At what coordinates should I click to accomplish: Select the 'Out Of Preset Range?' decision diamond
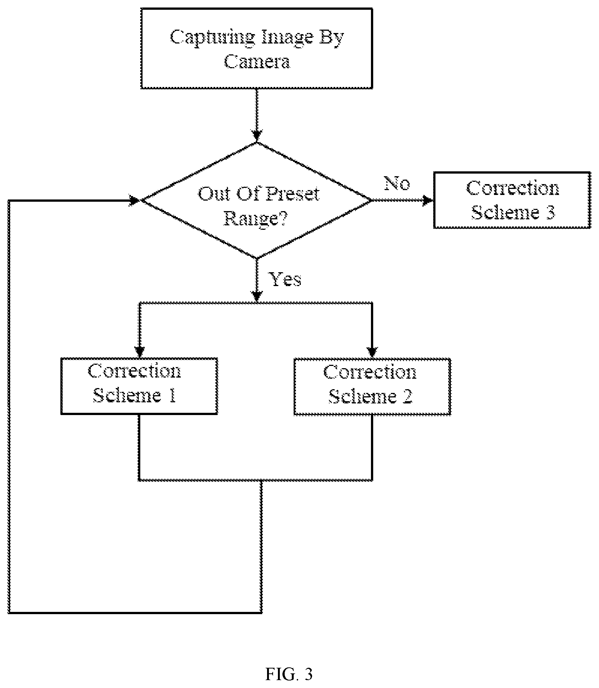tap(257, 200)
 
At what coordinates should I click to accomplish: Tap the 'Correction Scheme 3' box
tap(512, 200)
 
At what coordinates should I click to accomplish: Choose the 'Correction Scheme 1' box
tap(139, 386)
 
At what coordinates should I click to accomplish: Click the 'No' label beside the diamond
tap(397, 183)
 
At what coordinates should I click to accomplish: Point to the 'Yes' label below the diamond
tap(286, 279)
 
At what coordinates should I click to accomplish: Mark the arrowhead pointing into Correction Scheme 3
tap(428, 201)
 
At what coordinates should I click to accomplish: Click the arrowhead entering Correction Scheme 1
tap(140, 352)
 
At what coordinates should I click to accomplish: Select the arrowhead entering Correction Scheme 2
tap(372, 352)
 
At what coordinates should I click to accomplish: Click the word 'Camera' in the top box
tap(257, 61)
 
